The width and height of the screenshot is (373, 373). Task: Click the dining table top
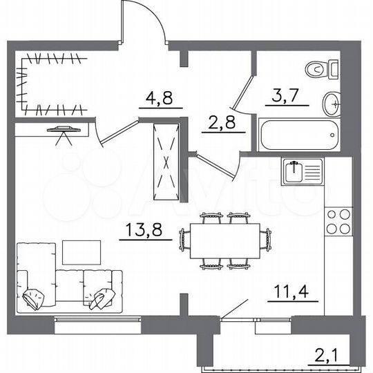tap(221, 240)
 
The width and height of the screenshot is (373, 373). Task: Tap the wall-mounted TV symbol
tap(64, 131)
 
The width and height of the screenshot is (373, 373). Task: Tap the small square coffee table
tap(82, 251)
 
